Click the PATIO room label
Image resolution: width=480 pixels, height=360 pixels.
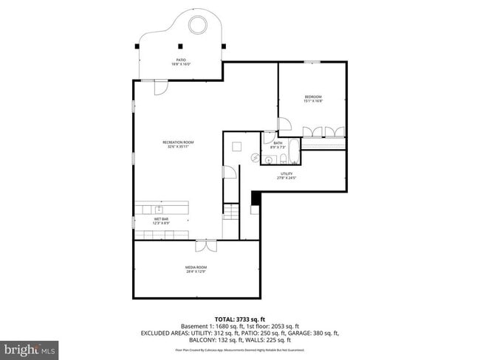coord(180,62)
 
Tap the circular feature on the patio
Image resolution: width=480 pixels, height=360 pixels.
coord(198,27)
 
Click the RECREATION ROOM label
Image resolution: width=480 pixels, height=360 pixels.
coord(178,144)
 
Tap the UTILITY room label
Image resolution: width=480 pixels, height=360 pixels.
coord(287,176)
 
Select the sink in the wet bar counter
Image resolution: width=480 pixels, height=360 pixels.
coord(159,210)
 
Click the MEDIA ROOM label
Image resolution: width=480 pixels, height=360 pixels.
coord(196,269)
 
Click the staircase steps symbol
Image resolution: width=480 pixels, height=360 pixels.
coord(231,212)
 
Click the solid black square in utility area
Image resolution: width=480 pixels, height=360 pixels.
coord(256,197)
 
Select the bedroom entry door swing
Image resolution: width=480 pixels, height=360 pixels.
coord(284,125)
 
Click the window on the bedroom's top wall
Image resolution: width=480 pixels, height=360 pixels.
coord(312,62)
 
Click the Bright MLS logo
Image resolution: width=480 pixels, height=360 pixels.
coord(30,347)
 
